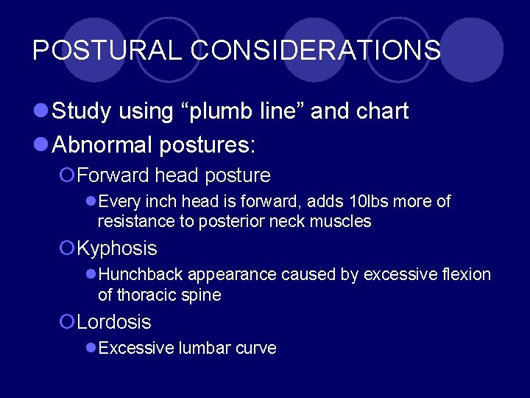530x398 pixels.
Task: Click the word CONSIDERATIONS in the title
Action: [x=316, y=50]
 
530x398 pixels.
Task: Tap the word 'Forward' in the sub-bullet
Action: [x=112, y=176]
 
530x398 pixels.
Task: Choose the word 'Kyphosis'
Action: [x=117, y=248]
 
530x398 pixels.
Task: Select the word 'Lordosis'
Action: [x=114, y=322]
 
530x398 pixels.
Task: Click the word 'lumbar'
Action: [x=206, y=348]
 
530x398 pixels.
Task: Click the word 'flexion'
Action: [x=467, y=274]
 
